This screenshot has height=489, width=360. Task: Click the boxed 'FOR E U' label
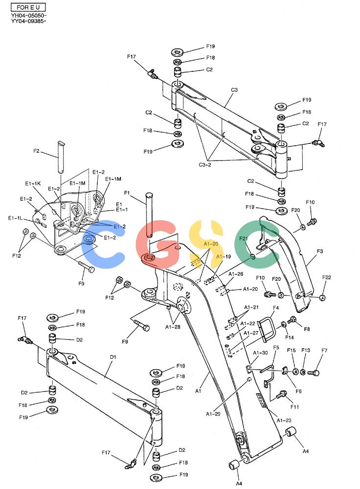coord(28,7)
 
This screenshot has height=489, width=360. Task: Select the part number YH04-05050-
coord(29,15)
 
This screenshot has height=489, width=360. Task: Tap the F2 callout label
coord(36,151)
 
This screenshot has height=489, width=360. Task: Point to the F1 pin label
coord(127,193)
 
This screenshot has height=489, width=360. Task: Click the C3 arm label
coord(234,90)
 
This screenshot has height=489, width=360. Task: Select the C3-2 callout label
coord(205,165)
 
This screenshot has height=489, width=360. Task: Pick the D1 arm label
coord(113,357)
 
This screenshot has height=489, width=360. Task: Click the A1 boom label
coord(198,391)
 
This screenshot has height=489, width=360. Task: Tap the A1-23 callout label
coord(284,420)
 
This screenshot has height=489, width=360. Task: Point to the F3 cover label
coord(320,251)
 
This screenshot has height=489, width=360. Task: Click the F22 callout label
coord(327,277)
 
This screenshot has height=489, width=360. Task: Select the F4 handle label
coord(276,308)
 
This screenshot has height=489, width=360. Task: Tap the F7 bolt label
coord(324,351)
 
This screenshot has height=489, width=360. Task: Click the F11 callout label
coord(294,407)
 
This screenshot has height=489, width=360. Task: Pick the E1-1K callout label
coord(33,183)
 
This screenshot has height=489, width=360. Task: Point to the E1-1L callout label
coord(15,218)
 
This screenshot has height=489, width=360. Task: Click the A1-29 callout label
coord(213,414)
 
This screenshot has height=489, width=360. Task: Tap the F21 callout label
coord(243,239)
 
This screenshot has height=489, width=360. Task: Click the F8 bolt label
coord(307,329)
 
